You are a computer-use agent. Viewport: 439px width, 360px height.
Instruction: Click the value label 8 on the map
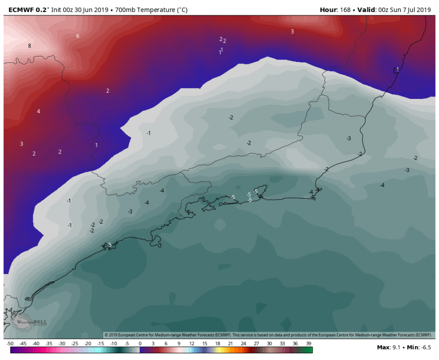(29, 46)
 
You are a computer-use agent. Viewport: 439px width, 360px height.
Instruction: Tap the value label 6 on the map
(78, 36)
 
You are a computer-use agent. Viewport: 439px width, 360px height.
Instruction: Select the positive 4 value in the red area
(38, 111)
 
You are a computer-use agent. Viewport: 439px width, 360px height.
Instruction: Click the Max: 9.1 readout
(388, 347)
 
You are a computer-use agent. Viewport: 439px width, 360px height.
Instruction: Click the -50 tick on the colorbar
(10, 344)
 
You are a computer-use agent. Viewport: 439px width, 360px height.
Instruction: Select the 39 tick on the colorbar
(309, 344)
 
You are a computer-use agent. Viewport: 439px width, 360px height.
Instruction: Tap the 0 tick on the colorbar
(140, 344)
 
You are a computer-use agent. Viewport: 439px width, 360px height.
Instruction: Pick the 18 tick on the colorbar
(218, 344)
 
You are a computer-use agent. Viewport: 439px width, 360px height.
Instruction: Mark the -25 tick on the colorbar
(75, 344)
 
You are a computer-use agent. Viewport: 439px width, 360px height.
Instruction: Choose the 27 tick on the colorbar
(257, 344)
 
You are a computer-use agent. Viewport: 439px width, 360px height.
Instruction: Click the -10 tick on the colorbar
(114, 344)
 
